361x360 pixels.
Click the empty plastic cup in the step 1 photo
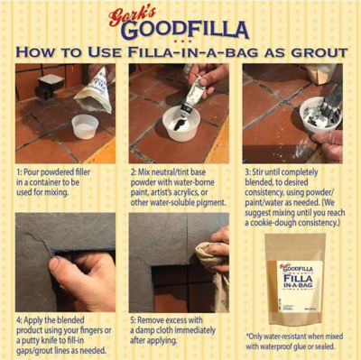[x=85, y=126]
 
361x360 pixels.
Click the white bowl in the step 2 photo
[x=180, y=123]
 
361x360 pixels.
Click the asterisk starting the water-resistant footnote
[x=247, y=337]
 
